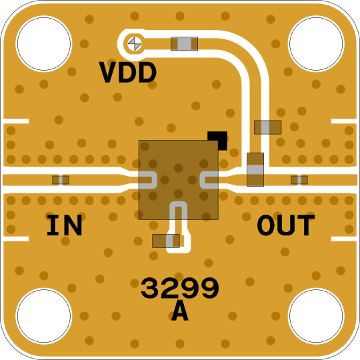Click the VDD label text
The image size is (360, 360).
click(x=127, y=72)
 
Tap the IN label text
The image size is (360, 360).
click(x=64, y=225)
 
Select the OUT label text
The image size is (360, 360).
click(x=286, y=225)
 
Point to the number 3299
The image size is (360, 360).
click(x=180, y=288)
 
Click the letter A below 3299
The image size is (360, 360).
click(x=180, y=311)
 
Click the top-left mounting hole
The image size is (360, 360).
click(x=44, y=43)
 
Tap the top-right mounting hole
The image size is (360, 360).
click(x=316, y=43)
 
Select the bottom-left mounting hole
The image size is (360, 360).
click(x=44, y=316)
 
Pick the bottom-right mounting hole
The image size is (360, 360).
click(x=316, y=316)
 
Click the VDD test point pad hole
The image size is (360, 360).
click(x=135, y=44)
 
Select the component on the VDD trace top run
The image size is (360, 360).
click(x=184, y=43)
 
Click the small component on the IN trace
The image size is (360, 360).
click(x=61, y=180)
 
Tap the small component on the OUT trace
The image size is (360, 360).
click(x=299, y=180)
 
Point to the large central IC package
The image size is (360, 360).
click(x=179, y=180)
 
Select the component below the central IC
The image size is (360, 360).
click(x=166, y=241)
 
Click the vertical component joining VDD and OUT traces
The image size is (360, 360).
click(x=255, y=169)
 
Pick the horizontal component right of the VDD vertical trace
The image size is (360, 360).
click(x=268, y=127)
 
